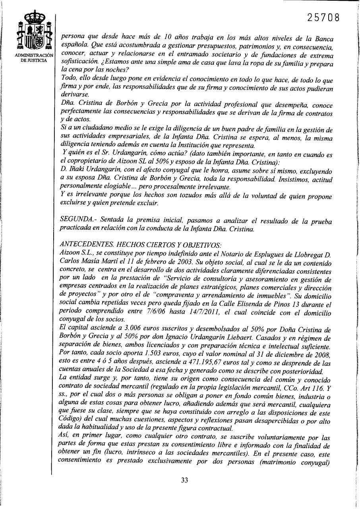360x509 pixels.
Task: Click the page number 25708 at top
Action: [x=323, y=18]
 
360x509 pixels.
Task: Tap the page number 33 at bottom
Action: [x=184, y=480]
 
